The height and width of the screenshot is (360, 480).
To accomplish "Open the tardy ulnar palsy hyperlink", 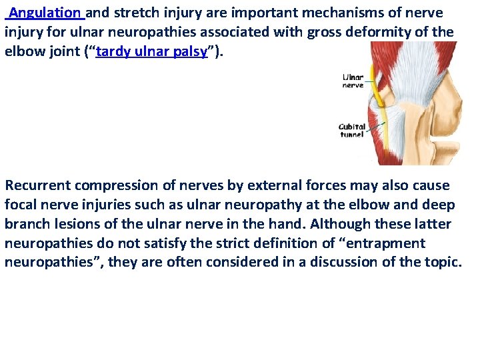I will click(x=151, y=51).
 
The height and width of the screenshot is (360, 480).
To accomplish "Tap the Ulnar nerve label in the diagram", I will click(x=353, y=81).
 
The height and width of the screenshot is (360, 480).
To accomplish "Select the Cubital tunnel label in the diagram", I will click(x=352, y=130).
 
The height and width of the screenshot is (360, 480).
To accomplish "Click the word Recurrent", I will click(x=39, y=185).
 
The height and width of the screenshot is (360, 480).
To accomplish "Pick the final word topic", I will click(x=443, y=263).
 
